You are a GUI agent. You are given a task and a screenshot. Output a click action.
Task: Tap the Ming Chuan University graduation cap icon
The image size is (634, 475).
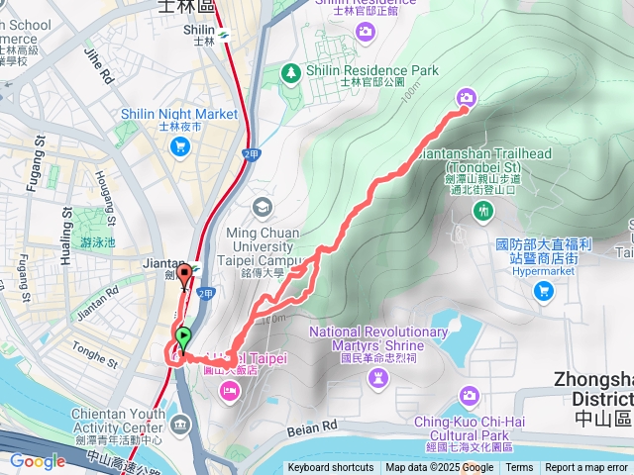pos(262,207)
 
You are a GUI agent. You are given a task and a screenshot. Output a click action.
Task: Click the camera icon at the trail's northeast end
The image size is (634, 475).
pos(467,97)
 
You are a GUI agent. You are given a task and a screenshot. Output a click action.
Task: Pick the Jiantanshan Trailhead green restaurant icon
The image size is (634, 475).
pos(483,210)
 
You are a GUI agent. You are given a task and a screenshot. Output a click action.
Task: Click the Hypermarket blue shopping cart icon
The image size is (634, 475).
pos(543,290)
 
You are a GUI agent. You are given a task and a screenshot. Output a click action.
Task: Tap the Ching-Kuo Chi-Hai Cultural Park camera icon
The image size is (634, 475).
pos(470,396)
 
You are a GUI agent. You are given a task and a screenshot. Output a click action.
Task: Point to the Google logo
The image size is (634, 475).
pos(38,461)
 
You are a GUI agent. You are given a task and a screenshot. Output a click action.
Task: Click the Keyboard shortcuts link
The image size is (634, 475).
pos(331,468)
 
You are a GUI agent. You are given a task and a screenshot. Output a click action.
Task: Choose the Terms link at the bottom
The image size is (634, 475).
pos(519,468)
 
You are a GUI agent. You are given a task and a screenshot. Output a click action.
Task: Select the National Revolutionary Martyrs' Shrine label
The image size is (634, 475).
pos(378,337)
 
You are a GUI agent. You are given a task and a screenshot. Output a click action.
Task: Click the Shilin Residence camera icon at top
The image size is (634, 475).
pos(366,34)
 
